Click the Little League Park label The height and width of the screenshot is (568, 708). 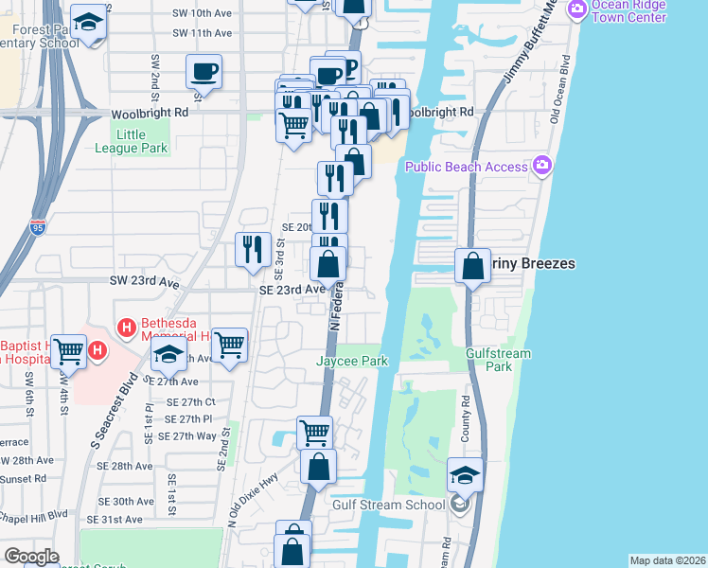(131, 141)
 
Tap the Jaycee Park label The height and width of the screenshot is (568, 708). (352, 362)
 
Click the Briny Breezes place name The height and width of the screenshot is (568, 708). (533, 264)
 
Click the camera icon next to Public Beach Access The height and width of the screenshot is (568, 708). (542, 167)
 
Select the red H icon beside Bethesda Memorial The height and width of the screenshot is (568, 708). (124, 328)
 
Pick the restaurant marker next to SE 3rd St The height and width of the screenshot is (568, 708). (251, 249)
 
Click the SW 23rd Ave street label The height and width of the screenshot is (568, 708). (144, 282)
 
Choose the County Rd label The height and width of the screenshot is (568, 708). (466, 432)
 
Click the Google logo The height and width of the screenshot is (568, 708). (31, 557)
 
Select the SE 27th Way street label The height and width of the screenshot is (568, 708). (188, 436)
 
